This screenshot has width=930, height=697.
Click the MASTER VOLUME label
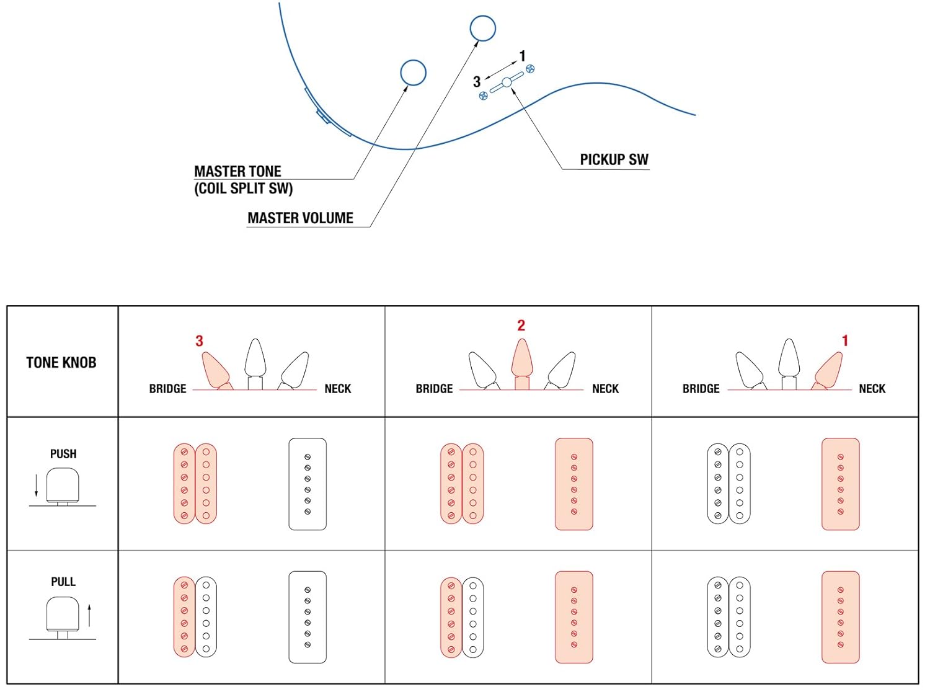click(x=300, y=218)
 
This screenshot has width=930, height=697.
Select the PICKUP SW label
click(x=614, y=160)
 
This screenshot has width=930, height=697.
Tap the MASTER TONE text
click(x=237, y=172)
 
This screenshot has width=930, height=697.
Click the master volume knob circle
click(x=482, y=28)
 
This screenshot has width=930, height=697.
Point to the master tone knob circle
click(x=413, y=73)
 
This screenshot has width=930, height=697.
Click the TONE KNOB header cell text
click(x=61, y=363)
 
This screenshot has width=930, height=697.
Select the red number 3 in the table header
click(x=199, y=341)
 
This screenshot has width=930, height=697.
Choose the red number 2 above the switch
click(x=521, y=326)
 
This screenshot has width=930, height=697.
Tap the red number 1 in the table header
click(x=844, y=340)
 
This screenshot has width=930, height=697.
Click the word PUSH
click(x=63, y=454)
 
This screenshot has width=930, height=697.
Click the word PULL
click(x=63, y=582)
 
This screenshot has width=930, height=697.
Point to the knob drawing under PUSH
click(x=63, y=486)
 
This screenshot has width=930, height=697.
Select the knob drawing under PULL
click(x=63, y=615)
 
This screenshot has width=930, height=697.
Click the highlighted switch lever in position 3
click(x=216, y=370)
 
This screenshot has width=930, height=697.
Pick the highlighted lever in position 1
click(x=829, y=370)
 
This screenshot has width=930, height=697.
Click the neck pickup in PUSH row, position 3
click(x=308, y=484)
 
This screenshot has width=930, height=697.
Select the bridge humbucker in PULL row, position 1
click(x=728, y=617)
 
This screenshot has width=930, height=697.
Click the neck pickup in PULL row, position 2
click(x=574, y=617)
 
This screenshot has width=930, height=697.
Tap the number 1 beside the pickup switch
click(x=522, y=56)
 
